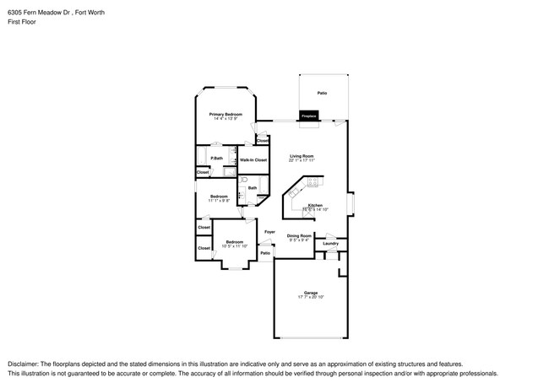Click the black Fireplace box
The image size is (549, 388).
(308, 115)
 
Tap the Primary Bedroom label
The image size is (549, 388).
(226, 114)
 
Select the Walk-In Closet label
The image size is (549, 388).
(253, 159)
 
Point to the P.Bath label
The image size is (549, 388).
(217, 158)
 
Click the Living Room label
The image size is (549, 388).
(302, 156)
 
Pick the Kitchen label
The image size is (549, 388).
(315, 206)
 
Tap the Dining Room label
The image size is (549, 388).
(299, 236)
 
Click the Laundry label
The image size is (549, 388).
(330, 244)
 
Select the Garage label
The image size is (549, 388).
(311, 293)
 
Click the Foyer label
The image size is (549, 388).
(269, 231)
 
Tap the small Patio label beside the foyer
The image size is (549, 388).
(264, 253)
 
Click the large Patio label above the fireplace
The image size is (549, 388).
(322, 93)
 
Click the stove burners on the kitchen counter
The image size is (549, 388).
(313, 181)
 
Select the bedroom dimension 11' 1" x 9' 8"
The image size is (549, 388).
(219, 201)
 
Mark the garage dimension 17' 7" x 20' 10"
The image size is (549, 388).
(311, 298)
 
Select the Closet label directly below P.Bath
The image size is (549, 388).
(203, 172)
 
